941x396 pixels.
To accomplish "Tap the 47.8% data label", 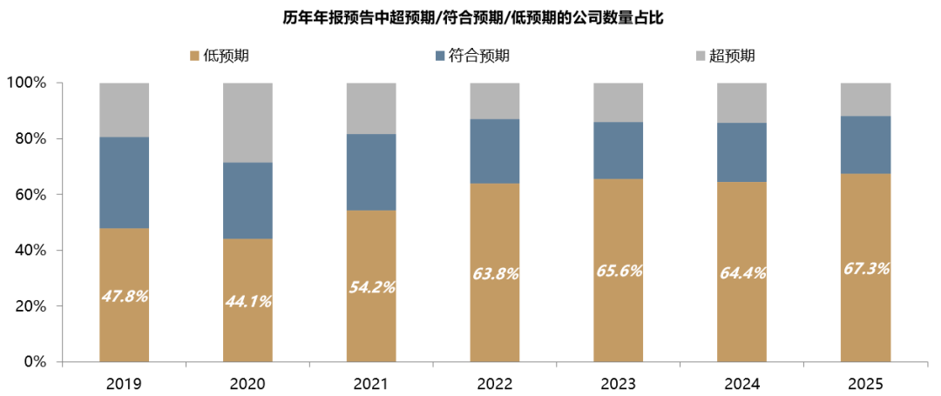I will [125, 296].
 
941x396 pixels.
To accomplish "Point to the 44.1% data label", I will [248, 302].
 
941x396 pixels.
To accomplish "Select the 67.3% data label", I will [866, 269].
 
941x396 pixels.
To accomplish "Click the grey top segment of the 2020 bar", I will [248, 123].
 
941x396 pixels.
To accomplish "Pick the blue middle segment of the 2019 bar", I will [125, 182].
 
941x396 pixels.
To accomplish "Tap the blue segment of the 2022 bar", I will [495, 151].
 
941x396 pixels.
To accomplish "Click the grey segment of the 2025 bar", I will [866, 99].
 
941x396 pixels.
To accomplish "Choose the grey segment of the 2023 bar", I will [619, 102].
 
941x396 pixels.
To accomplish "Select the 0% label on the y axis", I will [35, 361].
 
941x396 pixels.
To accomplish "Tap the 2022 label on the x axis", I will [495, 382].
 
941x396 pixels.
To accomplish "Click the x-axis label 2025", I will [866, 382].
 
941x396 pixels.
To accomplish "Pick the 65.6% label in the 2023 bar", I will [619, 271].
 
